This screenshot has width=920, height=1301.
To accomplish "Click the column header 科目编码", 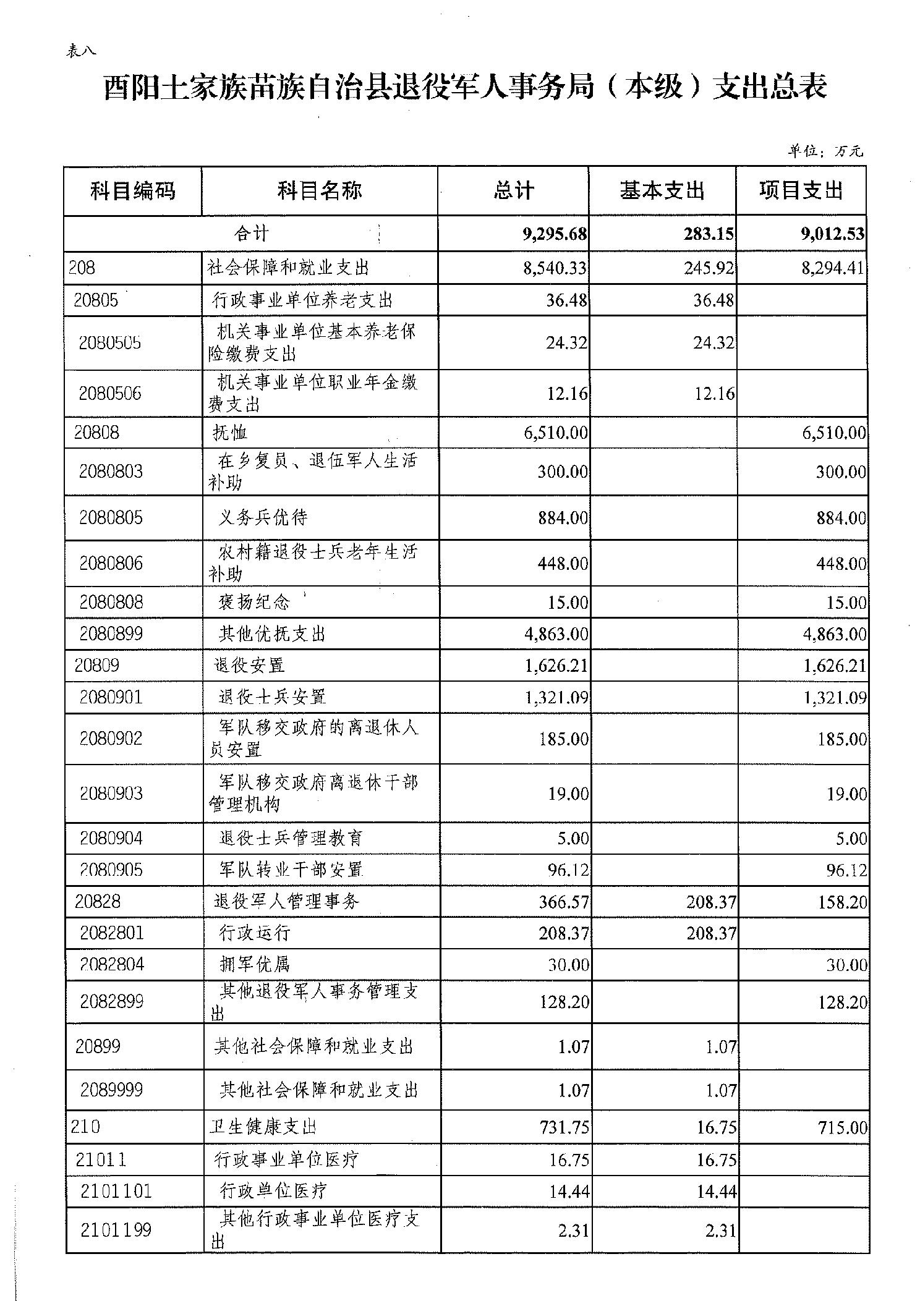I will pos(132,191).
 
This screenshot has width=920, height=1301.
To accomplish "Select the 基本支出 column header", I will pos(662,191).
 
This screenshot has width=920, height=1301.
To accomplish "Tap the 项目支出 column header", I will pos(801,191).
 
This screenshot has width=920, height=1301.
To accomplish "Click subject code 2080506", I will pos(110,394).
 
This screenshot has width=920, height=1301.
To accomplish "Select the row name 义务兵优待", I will pos(263,517).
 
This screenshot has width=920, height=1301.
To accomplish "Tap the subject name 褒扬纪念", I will pos(254,602).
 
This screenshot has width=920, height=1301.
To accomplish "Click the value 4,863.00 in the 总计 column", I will pos(556,634).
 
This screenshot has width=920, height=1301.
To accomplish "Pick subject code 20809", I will pos(96,666).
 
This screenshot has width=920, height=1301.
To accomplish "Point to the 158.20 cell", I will pos(841,902).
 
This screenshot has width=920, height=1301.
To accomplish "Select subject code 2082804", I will pos(112,965).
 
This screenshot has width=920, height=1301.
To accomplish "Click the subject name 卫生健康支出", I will pos(263,1127).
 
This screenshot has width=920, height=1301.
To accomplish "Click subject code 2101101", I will pos(116,1191).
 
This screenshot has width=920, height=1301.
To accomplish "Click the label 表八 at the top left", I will pos(81,52).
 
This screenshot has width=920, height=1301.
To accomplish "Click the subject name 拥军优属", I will pos(255,965).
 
